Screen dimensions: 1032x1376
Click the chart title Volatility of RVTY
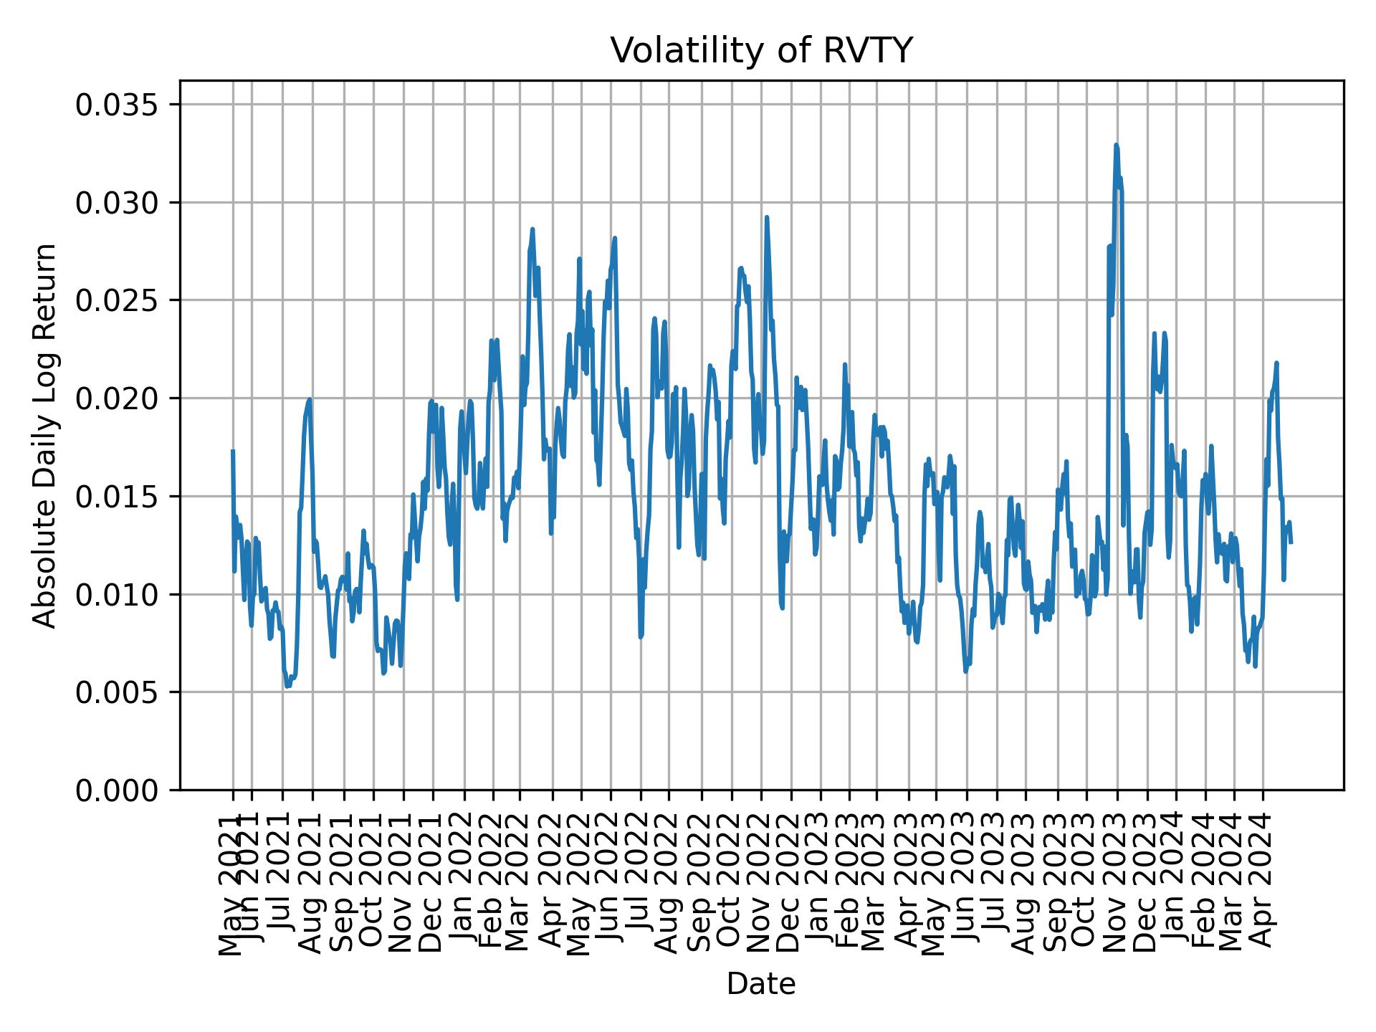(761, 51)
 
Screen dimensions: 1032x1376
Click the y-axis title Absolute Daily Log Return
(45, 435)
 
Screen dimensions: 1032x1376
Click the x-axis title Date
(761, 984)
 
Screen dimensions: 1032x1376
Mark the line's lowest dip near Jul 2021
(287, 686)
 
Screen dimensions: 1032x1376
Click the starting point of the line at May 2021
(233, 451)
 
